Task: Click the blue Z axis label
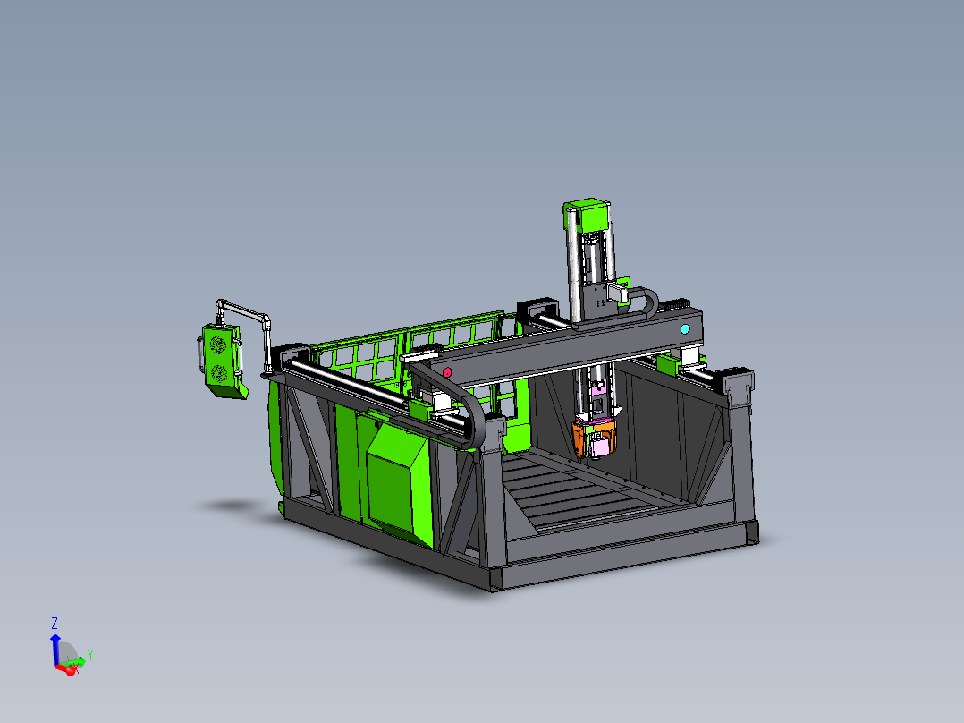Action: (x=54, y=624)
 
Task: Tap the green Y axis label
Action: (x=89, y=655)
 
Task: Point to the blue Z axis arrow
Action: (x=55, y=649)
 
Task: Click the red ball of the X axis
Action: (x=71, y=670)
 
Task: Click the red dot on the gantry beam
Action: (x=447, y=372)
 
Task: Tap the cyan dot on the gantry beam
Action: (x=685, y=329)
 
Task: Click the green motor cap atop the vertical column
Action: (x=588, y=216)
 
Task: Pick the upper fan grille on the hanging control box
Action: (x=218, y=344)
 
